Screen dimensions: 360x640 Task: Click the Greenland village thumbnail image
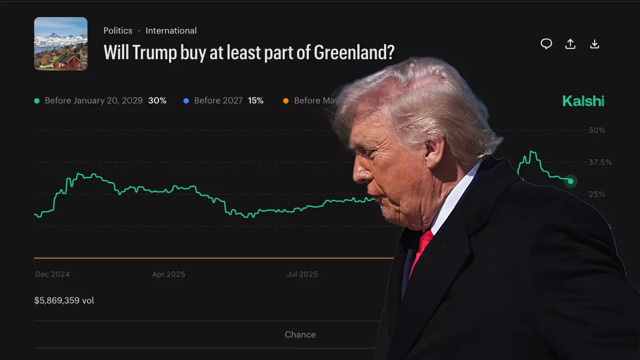[61, 44]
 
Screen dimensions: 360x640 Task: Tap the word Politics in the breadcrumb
[118, 31]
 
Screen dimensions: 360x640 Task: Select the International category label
[171, 31]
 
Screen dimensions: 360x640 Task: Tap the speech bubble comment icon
[546, 44]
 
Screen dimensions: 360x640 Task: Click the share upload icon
[570, 44]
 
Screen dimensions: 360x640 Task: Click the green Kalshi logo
[583, 101]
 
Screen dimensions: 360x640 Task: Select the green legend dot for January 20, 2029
[37, 101]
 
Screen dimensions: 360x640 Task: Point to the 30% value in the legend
[157, 101]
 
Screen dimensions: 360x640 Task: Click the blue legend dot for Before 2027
[186, 101]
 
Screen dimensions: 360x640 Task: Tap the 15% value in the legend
[255, 101]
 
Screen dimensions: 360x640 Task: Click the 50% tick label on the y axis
[596, 131]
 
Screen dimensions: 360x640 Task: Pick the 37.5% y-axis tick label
[600, 162]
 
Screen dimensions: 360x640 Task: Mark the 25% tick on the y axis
[596, 194]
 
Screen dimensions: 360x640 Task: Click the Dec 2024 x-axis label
[52, 274]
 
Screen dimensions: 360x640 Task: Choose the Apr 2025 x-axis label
[169, 274]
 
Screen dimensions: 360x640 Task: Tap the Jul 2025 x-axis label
[302, 274]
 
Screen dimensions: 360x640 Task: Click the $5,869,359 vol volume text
[64, 301]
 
